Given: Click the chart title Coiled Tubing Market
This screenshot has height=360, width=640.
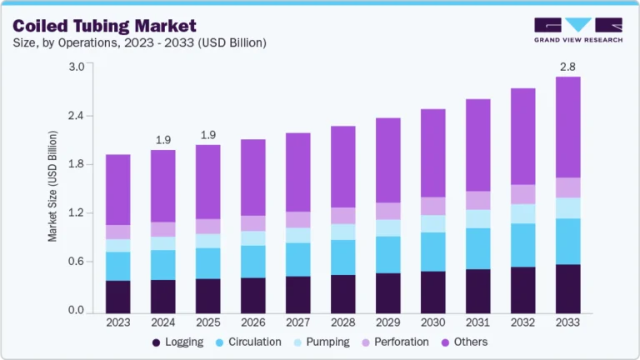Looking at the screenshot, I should [x=104, y=25].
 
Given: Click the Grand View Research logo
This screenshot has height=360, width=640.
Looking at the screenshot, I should [x=577, y=29].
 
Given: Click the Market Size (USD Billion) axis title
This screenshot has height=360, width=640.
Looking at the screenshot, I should [x=52, y=186].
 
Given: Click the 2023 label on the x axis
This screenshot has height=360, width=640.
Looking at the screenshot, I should [x=117, y=322].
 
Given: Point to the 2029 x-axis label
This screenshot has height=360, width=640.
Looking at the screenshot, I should [x=387, y=322].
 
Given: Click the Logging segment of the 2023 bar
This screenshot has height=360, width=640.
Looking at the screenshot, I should [x=117, y=297].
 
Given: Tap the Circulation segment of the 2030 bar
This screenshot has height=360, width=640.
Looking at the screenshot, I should [x=432, y=252].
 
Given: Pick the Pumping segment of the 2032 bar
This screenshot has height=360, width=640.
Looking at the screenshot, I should [x=522, y=213].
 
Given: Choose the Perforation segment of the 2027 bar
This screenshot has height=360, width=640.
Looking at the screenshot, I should [x=297, y=219].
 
